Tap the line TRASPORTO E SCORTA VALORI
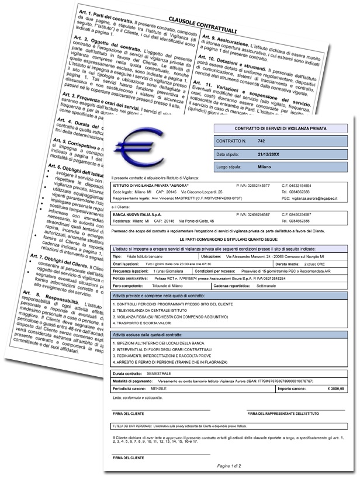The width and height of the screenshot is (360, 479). (145, 321)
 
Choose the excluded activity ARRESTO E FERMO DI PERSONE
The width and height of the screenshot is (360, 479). (165, 362)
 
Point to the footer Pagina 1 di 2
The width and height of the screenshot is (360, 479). (230, 466)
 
